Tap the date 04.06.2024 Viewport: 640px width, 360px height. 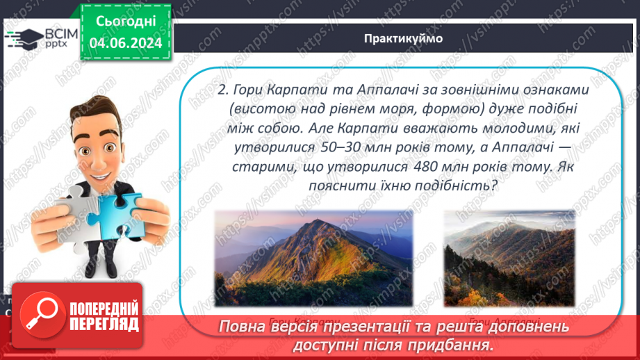click(126, 42)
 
